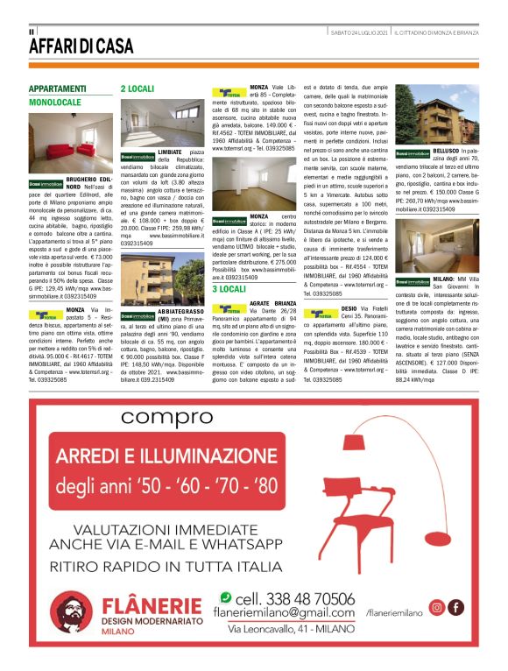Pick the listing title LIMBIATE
pos(170,152)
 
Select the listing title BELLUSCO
pos(437,152)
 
